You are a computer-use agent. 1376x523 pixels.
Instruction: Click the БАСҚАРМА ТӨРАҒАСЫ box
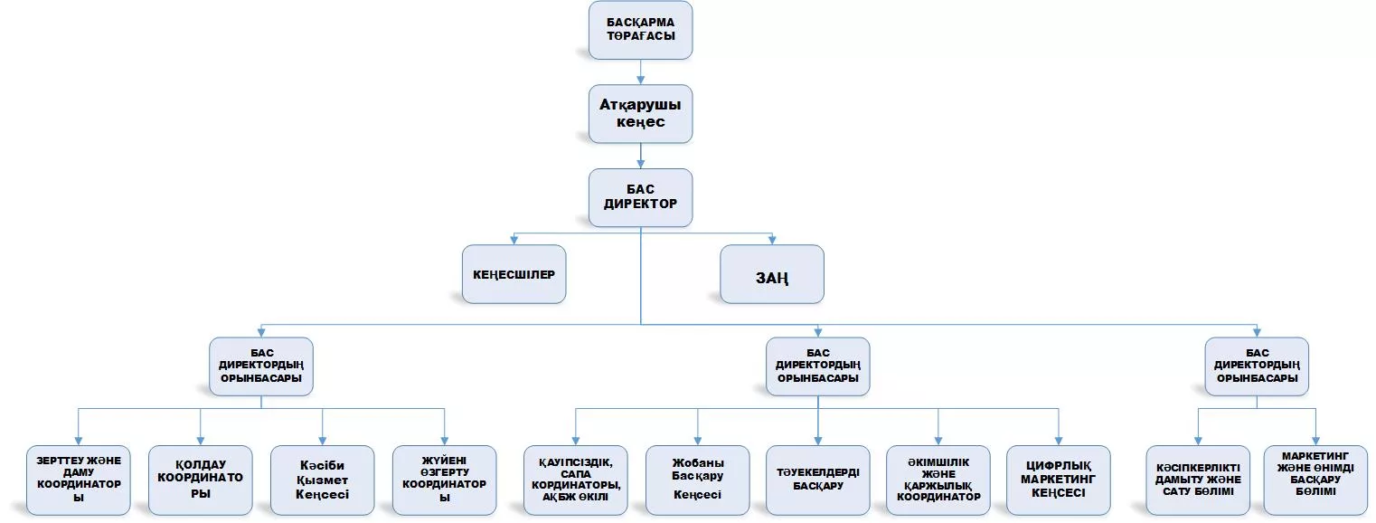640,30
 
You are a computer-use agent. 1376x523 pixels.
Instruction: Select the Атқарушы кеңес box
640,114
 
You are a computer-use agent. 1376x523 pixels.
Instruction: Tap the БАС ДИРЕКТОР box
640,197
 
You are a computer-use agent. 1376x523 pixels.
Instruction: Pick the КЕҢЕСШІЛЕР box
514,274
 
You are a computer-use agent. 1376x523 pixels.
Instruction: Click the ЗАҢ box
771,274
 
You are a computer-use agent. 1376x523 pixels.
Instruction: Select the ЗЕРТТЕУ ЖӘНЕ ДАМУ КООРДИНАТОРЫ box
79,480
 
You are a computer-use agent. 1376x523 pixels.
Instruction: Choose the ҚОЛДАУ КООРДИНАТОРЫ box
201,480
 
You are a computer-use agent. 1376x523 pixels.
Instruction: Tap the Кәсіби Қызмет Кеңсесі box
323,480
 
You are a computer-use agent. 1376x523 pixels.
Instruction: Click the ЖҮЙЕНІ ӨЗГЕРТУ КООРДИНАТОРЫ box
444,480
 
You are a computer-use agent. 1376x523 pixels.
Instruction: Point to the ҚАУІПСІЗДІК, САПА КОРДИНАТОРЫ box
576,480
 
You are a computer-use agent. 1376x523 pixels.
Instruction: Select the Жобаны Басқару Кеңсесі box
697,480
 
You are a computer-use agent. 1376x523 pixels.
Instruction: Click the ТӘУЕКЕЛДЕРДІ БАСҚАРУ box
817,480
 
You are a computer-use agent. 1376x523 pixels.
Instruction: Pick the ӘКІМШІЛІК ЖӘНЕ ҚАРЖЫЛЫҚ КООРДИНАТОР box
938,480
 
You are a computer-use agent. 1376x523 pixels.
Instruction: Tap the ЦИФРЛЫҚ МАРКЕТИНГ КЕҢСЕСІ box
1059,480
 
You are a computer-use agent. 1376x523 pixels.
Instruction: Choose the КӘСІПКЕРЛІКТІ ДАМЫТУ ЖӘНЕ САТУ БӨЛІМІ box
1198,480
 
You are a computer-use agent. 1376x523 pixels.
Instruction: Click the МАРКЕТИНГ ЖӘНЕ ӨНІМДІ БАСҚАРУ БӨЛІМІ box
1315,480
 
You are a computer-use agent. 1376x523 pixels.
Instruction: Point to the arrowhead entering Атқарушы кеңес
640,80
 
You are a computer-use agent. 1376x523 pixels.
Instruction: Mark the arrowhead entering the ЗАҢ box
772,240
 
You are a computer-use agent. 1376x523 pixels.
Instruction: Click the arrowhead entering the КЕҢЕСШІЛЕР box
514,240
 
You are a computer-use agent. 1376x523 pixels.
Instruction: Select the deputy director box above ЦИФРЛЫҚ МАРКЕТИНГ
817,366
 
